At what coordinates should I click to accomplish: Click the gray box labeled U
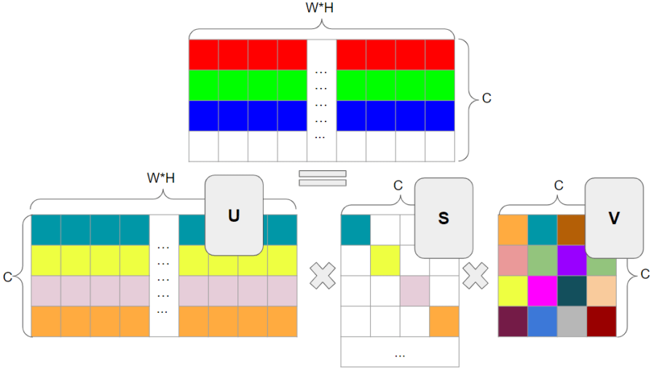click(x=234, y=215)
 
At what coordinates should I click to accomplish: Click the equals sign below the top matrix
click(x=321, y=178)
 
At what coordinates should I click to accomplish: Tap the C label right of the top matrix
click(x=486, y=98)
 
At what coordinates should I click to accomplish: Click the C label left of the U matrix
click(x=8, y=276)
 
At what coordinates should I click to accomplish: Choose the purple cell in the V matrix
click(x=572, y=260)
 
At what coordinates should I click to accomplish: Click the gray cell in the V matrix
click(x=572, y=321)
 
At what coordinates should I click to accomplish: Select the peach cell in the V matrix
click(x=602, y=291)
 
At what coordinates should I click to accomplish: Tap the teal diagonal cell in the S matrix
click(x=355, y=230)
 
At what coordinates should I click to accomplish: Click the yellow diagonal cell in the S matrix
click(x=385, y=260)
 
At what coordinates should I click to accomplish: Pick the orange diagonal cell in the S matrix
click(x=444, y=321)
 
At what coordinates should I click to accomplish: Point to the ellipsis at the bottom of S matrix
click(x=400, y=354)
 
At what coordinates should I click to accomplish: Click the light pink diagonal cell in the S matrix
click(x=414, y=291)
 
